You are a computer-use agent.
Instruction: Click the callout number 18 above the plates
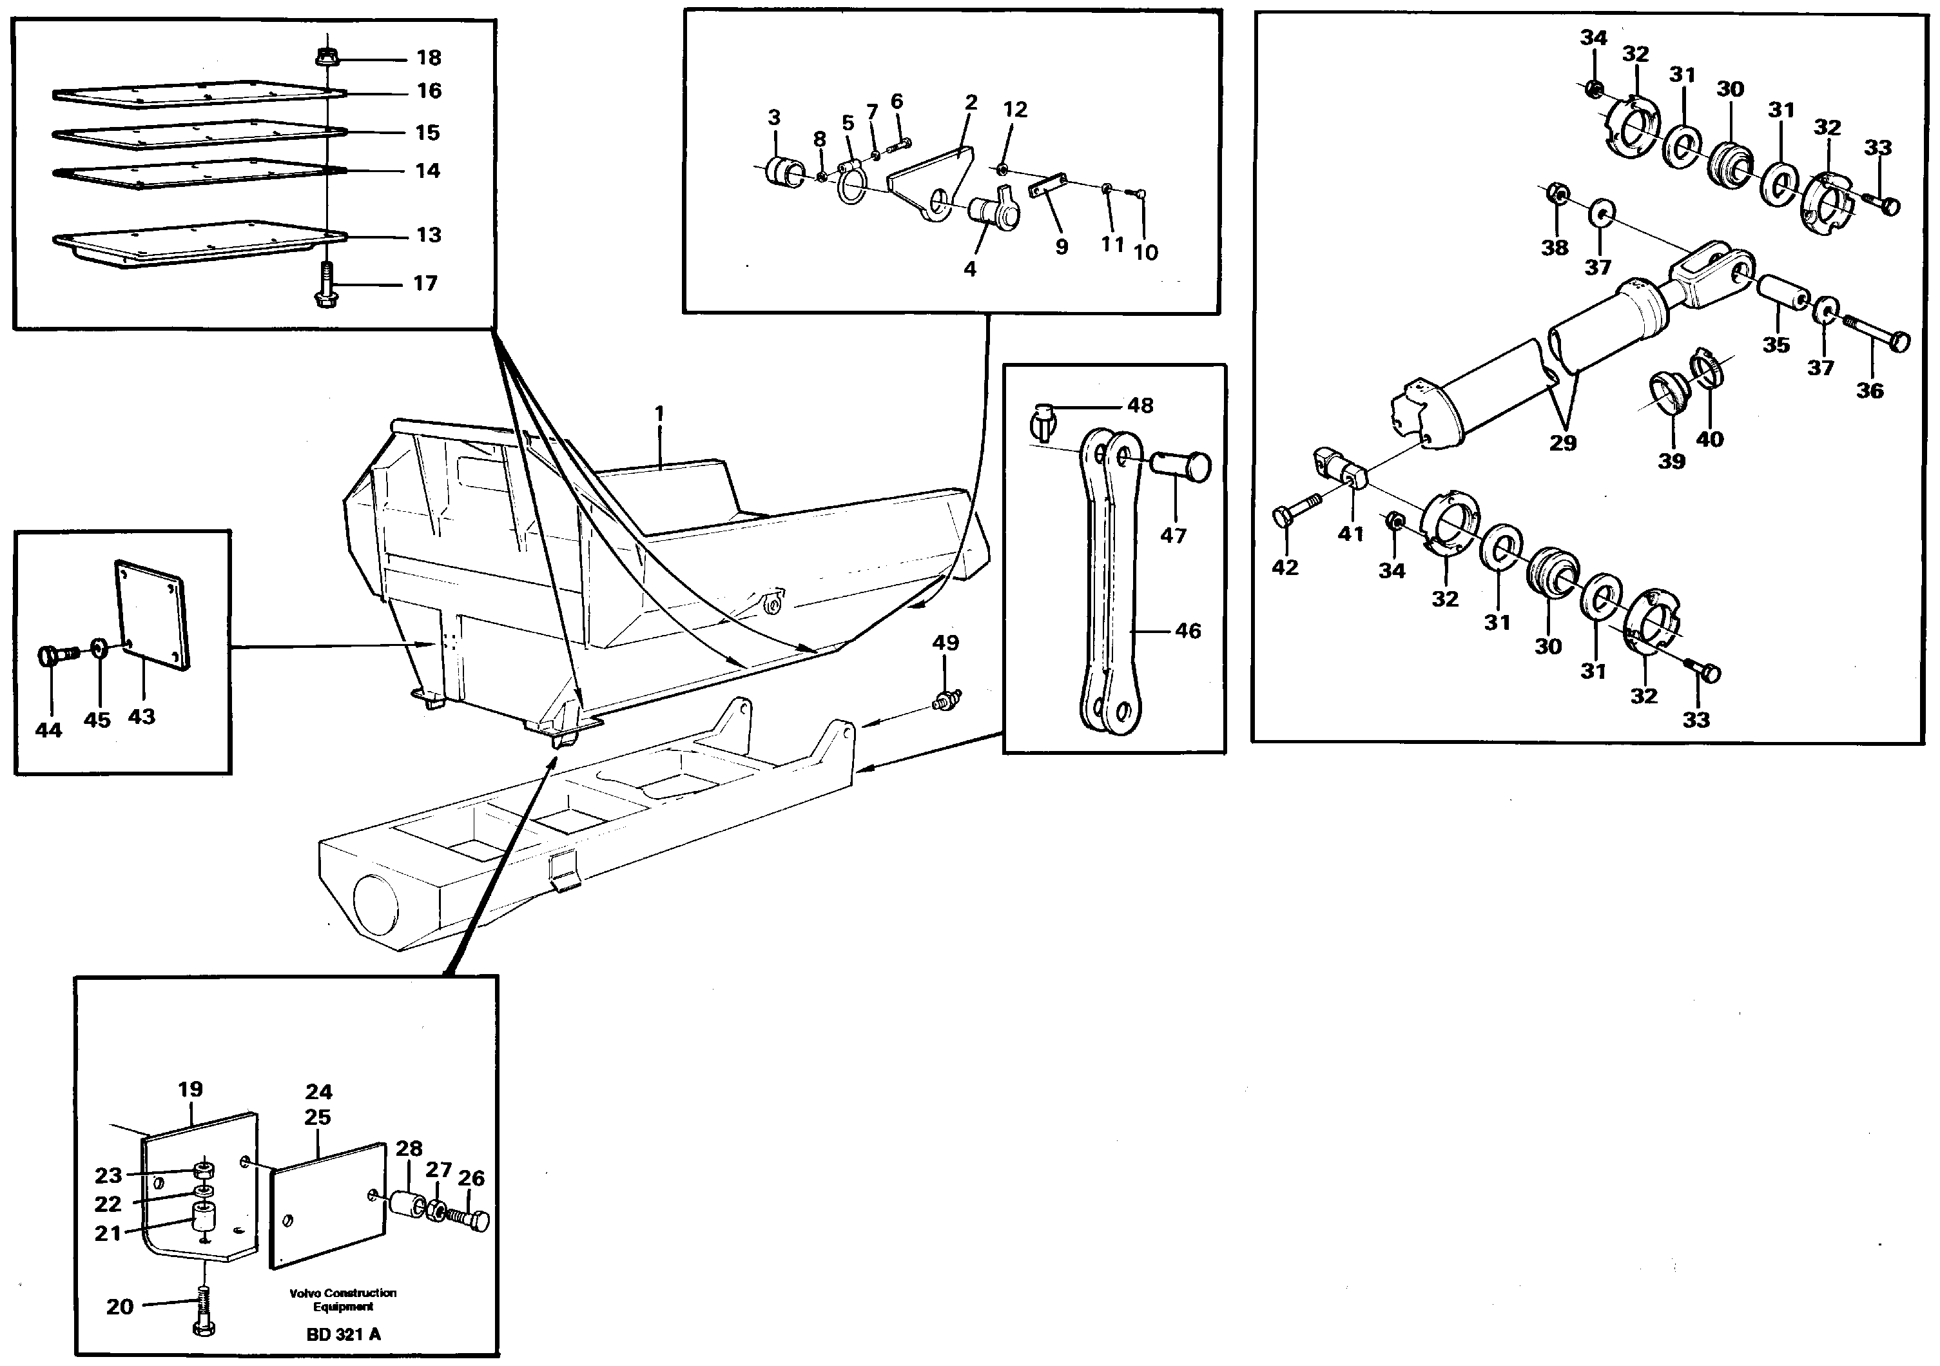(x=429, y=57)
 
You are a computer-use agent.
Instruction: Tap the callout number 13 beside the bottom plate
(x=429, y=235)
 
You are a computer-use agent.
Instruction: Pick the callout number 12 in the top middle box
(x=1014, y=109)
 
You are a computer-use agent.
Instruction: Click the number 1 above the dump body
(x=659, y=413)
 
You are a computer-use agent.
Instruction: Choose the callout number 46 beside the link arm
(x=1187, y=630)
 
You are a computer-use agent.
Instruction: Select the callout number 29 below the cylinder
(x=1562, y=443)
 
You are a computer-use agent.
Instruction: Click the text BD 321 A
(x=343, y=1334)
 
